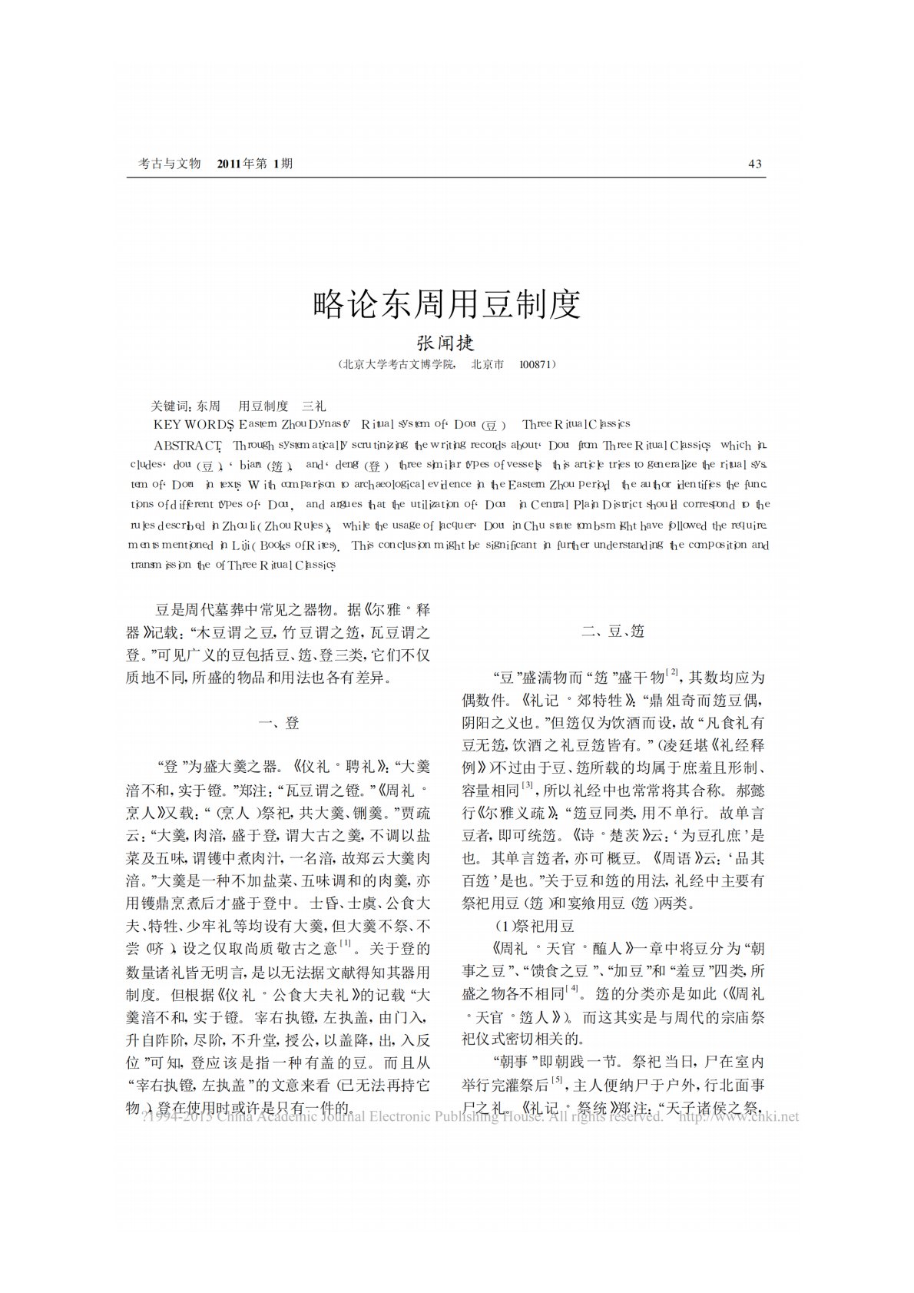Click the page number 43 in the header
pos(754,164)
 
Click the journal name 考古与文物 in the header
pos(169,164)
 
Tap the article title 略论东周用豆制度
pos(447,304)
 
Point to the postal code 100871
pos(535,365)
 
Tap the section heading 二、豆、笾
pos(613,632)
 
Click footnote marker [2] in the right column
pos(672,672)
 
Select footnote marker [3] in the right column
pos(528,785)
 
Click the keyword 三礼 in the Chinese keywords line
pos(315,405)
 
